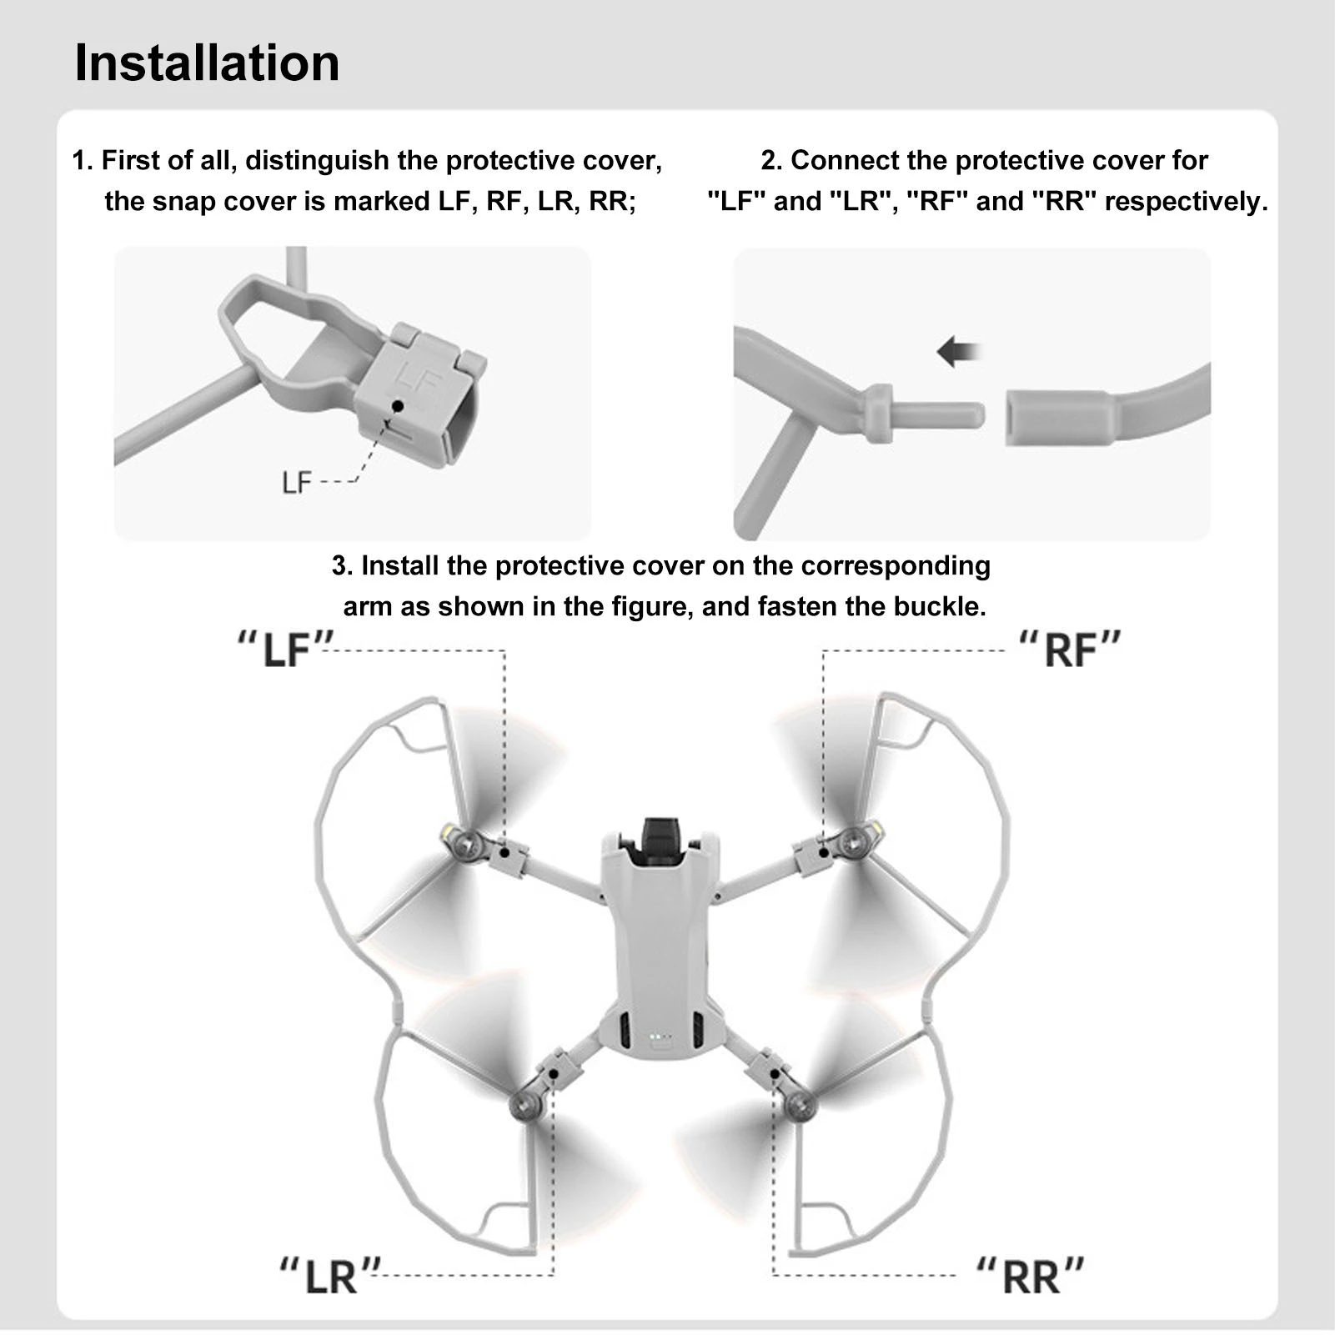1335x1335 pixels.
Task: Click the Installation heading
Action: pyautogui.click(x=207, y=63)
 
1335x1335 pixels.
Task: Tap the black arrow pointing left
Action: pyautogui.click(x=958, y=352)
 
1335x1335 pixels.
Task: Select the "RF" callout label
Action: pyautogui.click(x=1070, y=650)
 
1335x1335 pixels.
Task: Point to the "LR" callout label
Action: pyautogui.click(x=329, y=1275)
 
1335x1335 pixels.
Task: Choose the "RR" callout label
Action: pyautogui.click(x=1031, y=1275)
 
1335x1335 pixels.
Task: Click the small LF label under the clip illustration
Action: pyautogui.click(x=296, y=482)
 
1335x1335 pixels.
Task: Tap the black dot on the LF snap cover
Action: pyautogui.click(x=398, y=406)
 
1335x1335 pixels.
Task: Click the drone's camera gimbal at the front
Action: pyautogui.click(x=659, y=838)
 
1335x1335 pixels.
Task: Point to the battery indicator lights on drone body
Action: pyautogui.click(x=659, y=1038)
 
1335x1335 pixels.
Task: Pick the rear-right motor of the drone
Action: pyautogui.click(x=801, y=1106)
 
